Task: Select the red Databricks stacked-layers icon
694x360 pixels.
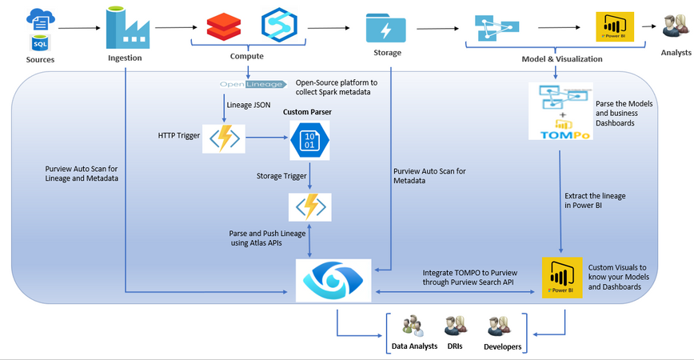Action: click(221, 27)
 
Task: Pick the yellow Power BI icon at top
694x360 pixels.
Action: click(615, 27)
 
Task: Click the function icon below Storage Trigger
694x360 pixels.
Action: click(309, 206)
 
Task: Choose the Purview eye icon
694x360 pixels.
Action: click(333, 280)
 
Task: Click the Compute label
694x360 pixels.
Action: click(247, 56)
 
